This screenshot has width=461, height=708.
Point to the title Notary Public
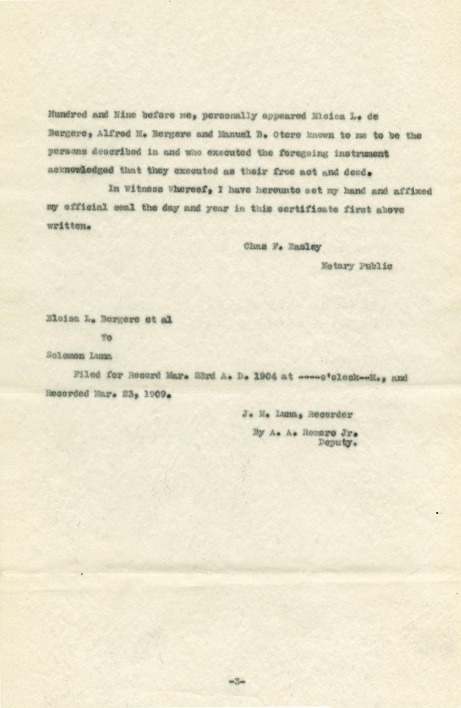356,266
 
